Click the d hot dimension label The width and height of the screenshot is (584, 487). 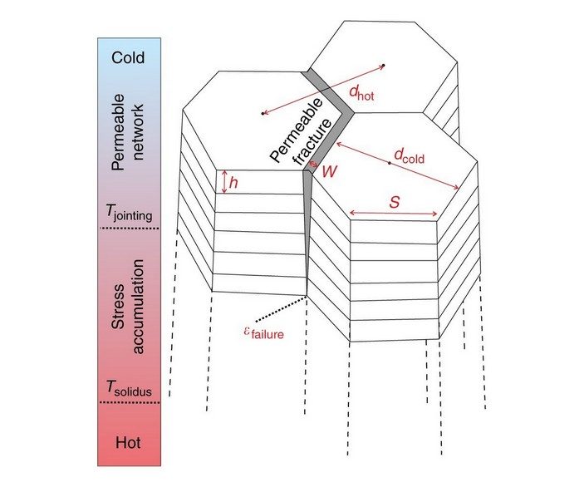pos(361,96)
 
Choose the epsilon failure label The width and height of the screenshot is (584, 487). pos(258,336)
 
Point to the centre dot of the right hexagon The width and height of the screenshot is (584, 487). pos(389,164)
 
